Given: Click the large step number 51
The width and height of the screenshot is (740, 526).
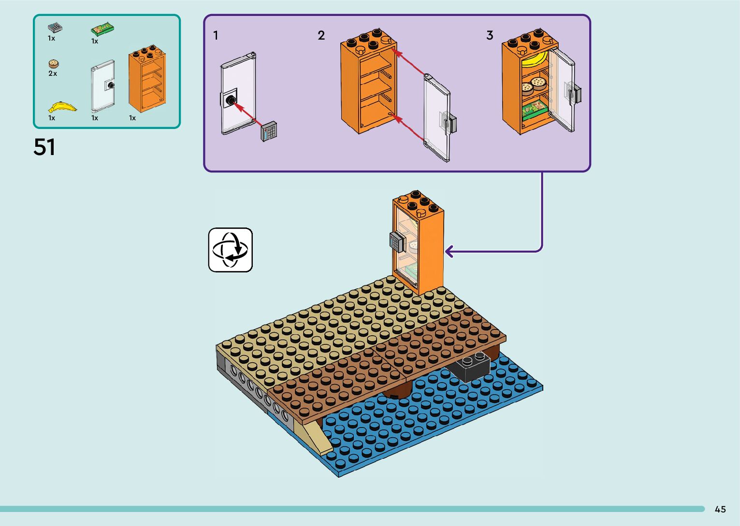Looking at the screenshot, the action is coord(44,147).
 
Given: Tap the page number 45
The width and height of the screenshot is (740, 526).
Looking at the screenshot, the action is coord(720,509).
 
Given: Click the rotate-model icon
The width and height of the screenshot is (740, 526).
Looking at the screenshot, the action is coord(230,250).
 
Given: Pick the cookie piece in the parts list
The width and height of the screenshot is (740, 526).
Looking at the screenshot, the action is coord(54,64).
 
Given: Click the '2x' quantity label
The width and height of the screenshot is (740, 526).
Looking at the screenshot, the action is coord(53,73).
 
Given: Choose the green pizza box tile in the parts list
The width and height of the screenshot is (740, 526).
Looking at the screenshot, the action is coord(102,29).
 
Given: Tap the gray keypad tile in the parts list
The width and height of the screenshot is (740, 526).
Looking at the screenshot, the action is coord(55,28).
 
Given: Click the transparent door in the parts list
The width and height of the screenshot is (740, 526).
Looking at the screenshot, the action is coord(103,86).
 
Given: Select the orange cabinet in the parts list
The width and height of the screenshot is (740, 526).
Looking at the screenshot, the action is coord(147,79).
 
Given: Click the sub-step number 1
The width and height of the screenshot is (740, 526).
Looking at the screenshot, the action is coord(216,35).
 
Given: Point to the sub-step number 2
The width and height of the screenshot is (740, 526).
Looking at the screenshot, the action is coord(321,35).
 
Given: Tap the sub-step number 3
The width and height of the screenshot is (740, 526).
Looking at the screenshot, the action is coord(490,35).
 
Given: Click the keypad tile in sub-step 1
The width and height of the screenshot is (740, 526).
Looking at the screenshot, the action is coord(269,131).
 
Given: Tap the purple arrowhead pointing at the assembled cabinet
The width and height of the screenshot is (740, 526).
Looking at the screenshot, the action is coord(450,252).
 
